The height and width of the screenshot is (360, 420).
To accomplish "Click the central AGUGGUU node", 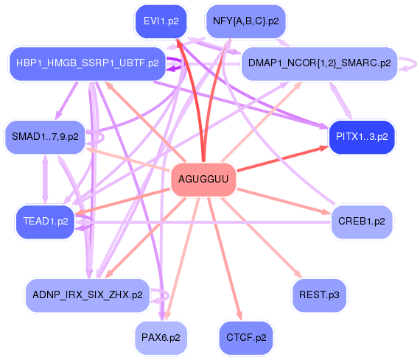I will [203, 180].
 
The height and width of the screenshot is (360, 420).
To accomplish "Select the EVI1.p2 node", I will [161, 21].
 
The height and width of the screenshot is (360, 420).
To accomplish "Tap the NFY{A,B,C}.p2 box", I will [245, 21].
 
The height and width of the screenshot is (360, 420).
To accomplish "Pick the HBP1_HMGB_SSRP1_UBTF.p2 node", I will [86, 63].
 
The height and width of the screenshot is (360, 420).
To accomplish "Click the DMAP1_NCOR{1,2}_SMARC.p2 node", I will [319, 63].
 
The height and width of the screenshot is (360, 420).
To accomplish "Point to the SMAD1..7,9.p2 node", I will [45, 137].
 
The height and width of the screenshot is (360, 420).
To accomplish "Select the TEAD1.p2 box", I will [45, 221].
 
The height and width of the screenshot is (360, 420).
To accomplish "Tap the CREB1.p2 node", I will [361, 221].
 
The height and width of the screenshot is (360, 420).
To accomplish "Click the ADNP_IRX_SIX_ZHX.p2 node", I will [87, 295].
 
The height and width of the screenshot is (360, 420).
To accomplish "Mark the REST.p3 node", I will [319, 295].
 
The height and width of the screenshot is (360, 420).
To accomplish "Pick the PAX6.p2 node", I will [161, 337].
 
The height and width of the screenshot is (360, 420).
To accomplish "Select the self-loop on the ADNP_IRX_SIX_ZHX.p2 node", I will [157, 296].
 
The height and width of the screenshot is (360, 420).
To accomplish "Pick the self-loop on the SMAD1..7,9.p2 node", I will [98, 137].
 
